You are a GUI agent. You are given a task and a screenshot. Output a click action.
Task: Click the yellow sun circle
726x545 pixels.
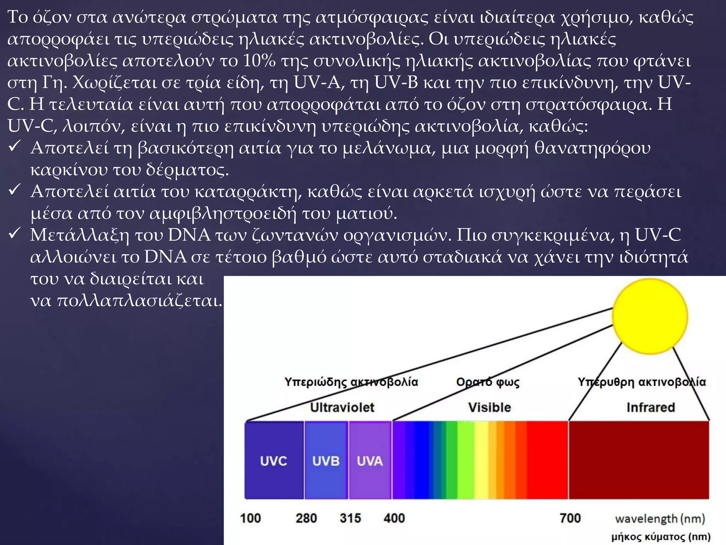pos(650,316)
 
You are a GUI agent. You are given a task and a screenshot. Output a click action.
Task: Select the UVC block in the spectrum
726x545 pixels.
pos(274,461)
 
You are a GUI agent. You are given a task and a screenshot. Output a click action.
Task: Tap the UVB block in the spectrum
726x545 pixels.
pos(326,461)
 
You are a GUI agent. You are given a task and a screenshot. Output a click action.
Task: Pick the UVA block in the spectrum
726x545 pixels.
pos(370,461)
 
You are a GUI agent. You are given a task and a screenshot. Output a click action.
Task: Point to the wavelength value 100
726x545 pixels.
pos(250,518)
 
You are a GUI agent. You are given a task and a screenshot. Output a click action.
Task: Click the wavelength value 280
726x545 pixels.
pos(306,518)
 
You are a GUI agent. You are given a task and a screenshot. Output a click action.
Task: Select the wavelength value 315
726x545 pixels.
pos(350,518)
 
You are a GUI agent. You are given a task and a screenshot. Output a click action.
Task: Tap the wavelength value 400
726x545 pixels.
pos(394,518)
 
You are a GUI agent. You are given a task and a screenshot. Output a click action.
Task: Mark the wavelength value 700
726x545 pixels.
pos(570,518)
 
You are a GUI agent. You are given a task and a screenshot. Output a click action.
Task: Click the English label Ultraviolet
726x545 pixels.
pos(342,407)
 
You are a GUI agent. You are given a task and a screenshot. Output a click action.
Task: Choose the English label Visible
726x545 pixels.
pos(490,407)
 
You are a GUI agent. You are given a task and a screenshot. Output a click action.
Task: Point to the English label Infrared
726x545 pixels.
pos(650,407)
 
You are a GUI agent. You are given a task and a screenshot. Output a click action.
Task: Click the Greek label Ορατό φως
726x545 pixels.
pos(488,382)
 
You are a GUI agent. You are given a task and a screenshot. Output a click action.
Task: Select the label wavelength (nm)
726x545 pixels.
pos(660,519)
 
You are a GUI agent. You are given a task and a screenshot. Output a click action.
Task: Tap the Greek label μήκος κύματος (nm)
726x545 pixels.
pos(661,537)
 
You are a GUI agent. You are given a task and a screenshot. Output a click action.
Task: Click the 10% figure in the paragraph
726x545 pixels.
pos(259,61)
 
